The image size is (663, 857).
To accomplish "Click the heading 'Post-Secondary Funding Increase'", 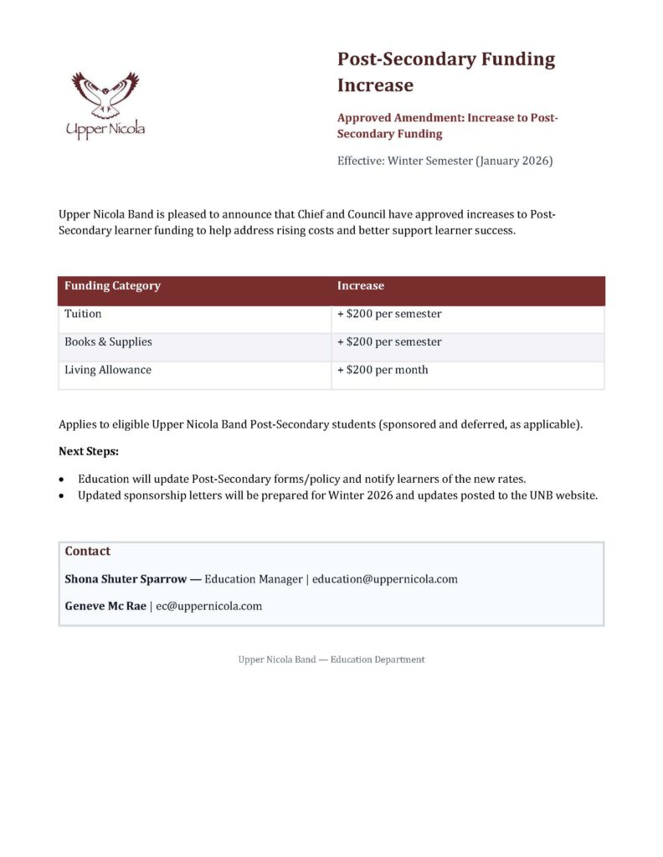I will tap(445, 72).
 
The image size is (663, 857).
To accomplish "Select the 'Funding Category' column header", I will tap(112, 286).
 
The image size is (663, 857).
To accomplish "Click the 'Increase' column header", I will tap(360, 286).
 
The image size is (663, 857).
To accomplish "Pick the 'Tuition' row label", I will tap(83, 314).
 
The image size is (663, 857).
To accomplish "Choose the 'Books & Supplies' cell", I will tap(108, 341).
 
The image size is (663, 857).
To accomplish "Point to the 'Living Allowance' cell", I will tap(108, 370).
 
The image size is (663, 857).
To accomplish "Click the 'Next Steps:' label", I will tap(88, 452).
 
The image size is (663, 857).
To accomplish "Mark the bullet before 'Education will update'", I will tap(62, 480).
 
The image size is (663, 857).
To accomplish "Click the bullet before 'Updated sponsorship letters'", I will tap(62, 496).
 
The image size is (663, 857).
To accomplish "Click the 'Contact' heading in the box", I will tap(87, 552).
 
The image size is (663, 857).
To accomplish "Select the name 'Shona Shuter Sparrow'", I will tap(126, 579).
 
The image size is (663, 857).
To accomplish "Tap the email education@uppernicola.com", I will tap(384, 579).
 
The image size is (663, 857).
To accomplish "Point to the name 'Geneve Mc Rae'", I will tap(105, 607).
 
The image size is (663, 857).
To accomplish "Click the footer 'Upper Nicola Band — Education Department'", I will tap(331, 659).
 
